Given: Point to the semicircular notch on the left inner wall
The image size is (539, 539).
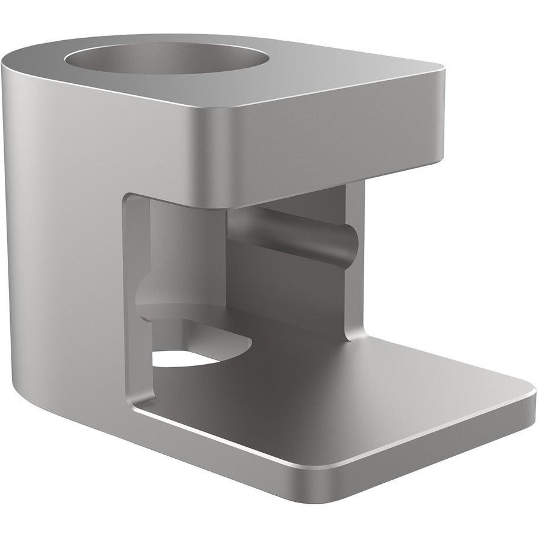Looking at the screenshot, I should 150,293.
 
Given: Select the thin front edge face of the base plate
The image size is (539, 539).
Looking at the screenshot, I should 419,455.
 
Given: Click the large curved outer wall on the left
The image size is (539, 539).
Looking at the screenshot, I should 60,240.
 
